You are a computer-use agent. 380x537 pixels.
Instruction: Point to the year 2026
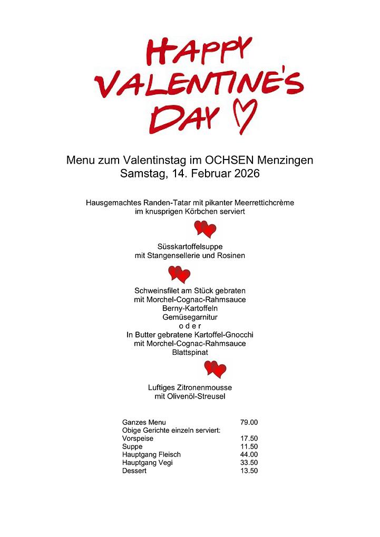point(245,173)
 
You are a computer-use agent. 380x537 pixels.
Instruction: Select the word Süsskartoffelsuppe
point(190,246)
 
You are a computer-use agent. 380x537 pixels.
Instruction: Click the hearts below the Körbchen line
point(205,229)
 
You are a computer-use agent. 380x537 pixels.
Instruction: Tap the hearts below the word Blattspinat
point(215,369)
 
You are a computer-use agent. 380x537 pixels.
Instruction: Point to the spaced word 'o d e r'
point(190,326)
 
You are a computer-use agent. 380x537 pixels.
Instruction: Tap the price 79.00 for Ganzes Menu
point(249,422)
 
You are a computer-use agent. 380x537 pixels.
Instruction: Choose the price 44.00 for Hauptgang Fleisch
point(249,454)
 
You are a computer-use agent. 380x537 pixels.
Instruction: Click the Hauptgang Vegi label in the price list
point(147,463)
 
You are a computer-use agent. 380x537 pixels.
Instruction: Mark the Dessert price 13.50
point(249,471)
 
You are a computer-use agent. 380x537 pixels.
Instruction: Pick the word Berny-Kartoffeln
point(190,309)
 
